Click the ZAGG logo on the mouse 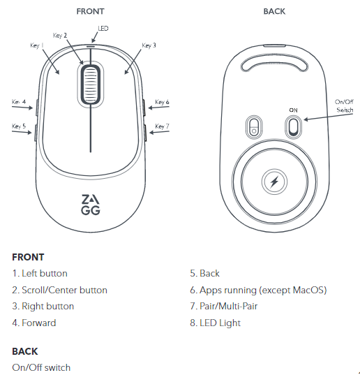pos(91,205)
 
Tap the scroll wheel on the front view pos(91,85)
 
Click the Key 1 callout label pos(37,45)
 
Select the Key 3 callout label pos(149,45)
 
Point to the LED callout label pos(103,29)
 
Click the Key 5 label pos(19,126)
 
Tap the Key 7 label pos(162,126)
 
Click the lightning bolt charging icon pos(274,182)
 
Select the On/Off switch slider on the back pos(293,127)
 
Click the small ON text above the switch pos(293,110)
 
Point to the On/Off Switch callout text pos(344,105)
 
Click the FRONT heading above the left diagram pos(90,11)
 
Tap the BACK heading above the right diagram pos(274,11)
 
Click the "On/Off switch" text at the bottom pos(41,367)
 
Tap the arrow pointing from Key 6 pos(158,107)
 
